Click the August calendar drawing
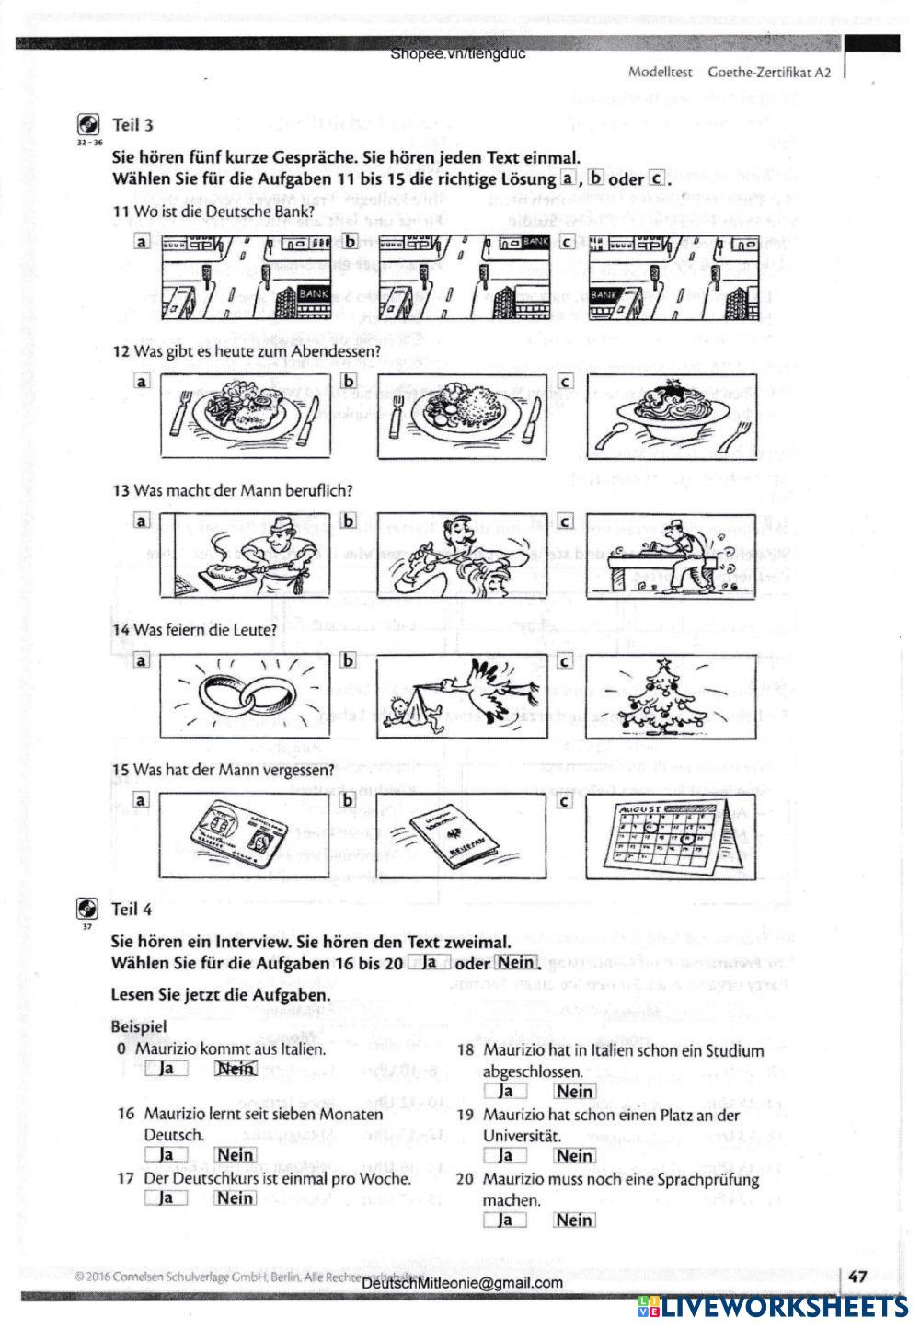coord(671,836)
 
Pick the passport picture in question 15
coord(462,836)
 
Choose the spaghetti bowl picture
coord(671,416)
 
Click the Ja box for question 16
coord(167,1154)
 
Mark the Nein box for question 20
coord(574,1220)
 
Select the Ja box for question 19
coord(505,1155)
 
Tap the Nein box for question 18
coord(574,1092)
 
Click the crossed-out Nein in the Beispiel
coord(236,1069)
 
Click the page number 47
coord(857,1277)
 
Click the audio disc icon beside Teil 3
coord(88,126)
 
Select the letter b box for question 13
coord(349,521)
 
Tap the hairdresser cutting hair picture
coord(462,556)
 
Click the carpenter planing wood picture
coord(671,556)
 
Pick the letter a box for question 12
coord(142,381)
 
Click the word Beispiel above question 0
coord(139,1025)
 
